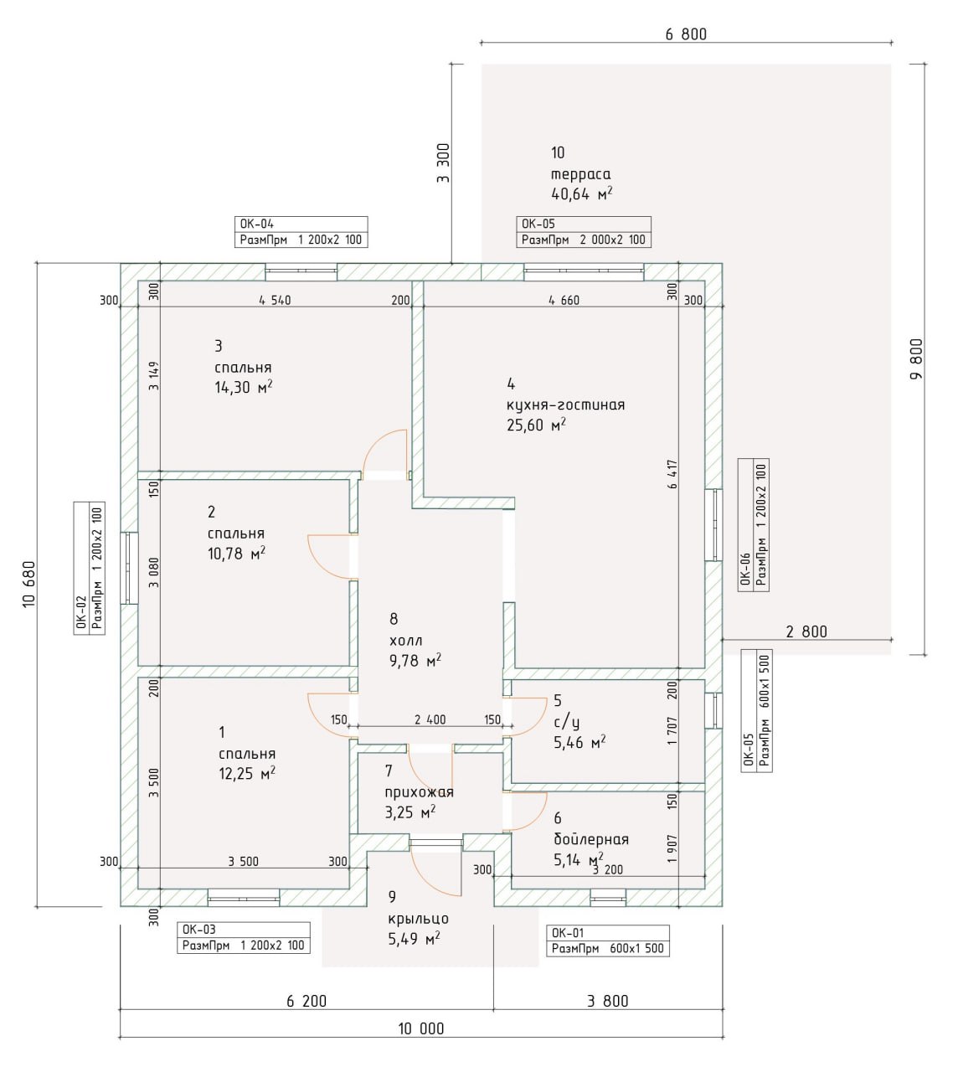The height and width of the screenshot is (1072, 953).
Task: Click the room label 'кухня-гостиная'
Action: [x=565, y=405]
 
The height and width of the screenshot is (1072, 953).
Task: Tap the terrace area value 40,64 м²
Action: [x=581, y=194]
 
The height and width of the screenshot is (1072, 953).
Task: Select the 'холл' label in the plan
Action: [x=406, y=641]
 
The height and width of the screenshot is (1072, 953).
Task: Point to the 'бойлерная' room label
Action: [x=590, y=839]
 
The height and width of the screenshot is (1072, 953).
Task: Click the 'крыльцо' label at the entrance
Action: [x=418, y=918]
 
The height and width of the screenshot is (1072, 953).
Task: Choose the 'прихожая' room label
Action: [x=419, y=792]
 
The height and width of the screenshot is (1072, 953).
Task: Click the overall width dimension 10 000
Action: [x=420, y=1028]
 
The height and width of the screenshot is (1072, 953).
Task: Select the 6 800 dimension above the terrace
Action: [x=686, y=34]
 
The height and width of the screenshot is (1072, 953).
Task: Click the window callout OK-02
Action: [x=81, y=569]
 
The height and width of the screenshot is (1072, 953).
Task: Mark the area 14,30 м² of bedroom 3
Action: [x=244, y=388]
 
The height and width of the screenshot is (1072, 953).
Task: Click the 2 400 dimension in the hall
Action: [x=430, y=719]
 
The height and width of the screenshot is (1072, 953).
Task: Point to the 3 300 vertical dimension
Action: [x=443, y=163]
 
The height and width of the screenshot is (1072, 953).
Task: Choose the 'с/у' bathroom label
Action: [x=567, y=722]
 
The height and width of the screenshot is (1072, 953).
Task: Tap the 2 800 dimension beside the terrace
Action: [x=806, y=632]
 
